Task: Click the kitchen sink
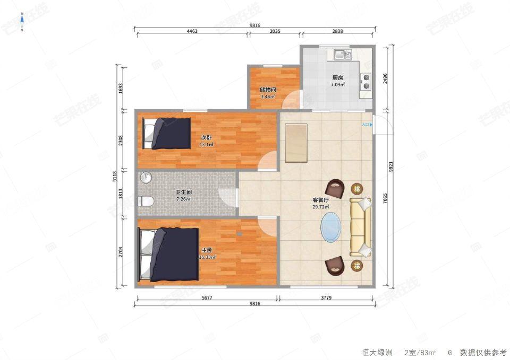pos(343,55)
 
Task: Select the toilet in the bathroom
pos(146,201)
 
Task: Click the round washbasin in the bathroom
pos(147,177)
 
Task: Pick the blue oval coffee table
pos(331,227)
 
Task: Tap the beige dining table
pos(296,143)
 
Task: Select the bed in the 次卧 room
pos(166,134)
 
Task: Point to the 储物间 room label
pos(268,90)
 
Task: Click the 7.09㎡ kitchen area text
pos(338,85)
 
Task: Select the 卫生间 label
pos(184,192)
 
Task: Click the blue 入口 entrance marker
pos(367,124)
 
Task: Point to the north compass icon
pos(22,21)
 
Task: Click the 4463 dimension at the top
pos(192,31)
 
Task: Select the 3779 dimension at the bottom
pos(326,297)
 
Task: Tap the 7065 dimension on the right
pos(386,198)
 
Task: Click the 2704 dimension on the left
pos(121,252)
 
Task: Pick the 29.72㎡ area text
pos(321,207)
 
